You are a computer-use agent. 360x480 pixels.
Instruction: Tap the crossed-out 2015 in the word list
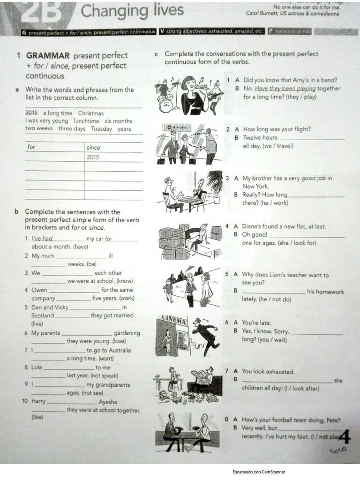(31, 113)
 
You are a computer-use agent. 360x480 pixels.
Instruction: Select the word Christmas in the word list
(91, 113)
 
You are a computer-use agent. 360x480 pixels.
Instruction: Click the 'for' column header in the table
(31, 147)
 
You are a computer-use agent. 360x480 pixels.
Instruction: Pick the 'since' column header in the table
(93, 147)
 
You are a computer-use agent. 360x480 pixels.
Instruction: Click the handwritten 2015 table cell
(93, 157)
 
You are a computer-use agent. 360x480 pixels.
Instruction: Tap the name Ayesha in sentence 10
(108, 402)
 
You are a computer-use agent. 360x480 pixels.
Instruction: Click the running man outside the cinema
(205, 334)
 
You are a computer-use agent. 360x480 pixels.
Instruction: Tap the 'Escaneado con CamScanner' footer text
(258, 472)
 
